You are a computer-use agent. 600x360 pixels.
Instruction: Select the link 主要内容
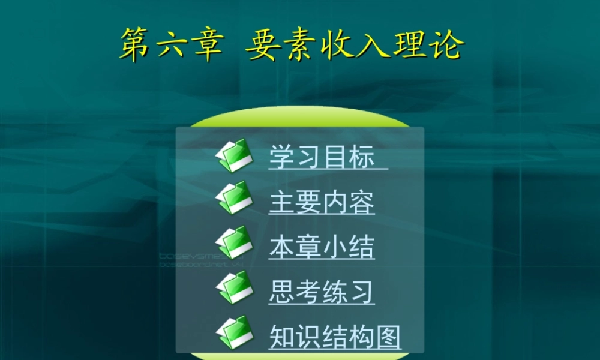tap(322, 202)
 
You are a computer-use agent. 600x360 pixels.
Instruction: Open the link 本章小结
tap(322, 247)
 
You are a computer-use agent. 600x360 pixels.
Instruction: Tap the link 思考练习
tap(322, 292)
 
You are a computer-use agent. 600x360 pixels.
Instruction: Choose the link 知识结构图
tap(335, 337)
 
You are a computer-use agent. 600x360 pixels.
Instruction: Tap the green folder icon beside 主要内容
tap(233, 198)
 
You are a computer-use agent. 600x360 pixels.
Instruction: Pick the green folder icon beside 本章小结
tap(233, 242)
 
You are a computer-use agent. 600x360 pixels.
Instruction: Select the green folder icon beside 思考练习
tap(233, 287)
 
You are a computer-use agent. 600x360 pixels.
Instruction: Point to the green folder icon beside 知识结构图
tap(233, 332)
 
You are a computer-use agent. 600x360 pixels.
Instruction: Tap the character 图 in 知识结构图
tap(388, 337)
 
